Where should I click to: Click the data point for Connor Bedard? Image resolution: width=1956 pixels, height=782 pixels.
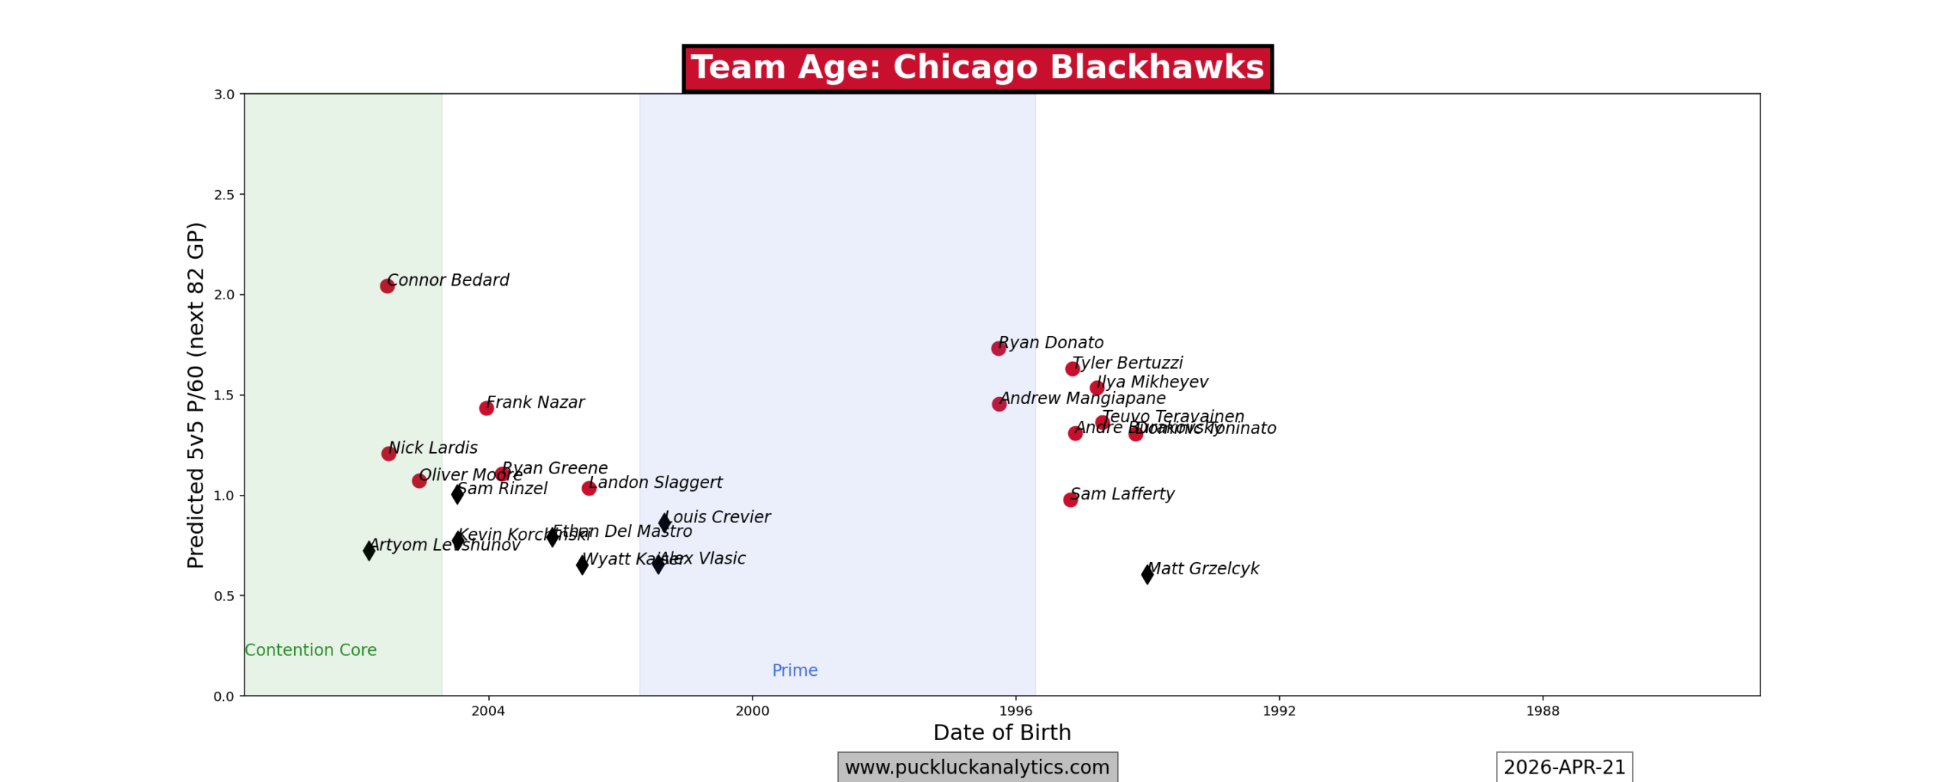coord(387,286)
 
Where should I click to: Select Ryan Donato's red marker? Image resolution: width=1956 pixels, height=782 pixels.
coord(998,348)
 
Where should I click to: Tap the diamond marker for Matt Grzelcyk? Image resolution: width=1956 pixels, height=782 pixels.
coord(1147,574)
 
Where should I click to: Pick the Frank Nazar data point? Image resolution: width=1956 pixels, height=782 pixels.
coord(486,408)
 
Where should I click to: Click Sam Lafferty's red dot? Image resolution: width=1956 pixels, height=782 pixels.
coord(1070,499)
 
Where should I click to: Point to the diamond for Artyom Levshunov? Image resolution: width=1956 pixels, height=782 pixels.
coord(369,550)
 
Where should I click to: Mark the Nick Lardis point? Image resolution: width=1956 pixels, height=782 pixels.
coord(388,454)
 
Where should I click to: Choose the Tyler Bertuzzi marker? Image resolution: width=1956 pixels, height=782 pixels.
coord(1072,369)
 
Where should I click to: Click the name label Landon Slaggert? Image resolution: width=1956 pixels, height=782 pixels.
coord(655,483)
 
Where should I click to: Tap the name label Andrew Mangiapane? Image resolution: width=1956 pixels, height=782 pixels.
coord(1083,399)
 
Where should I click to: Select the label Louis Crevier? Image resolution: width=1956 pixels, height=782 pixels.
coord(717,517)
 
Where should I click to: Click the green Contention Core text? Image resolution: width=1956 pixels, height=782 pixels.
coord(310,650)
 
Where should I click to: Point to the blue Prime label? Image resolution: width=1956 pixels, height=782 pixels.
coord(795,670)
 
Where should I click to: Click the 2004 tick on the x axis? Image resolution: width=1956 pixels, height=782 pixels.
coord(488,711)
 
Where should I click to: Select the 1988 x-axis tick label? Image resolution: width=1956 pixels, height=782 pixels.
coord(1543,711)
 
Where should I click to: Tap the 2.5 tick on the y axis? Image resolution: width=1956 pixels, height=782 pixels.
coord(224,195)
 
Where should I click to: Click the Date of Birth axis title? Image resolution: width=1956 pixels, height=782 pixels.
coord(1002,732)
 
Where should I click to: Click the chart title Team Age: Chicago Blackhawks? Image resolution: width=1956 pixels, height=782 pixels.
coord(977,68)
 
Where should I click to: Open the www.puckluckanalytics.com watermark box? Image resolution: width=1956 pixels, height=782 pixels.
coord(977,767)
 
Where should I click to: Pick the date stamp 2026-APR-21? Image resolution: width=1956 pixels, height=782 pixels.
coord(1564,767)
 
